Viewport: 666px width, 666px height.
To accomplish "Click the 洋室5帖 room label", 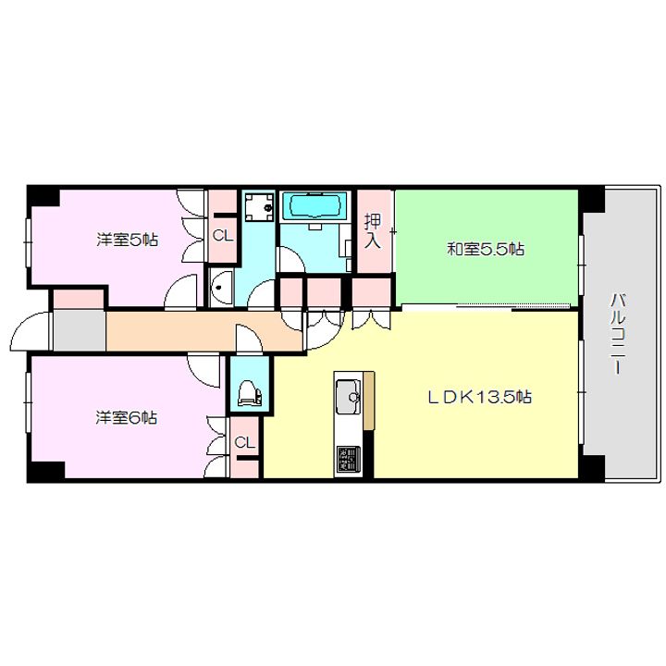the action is [127, 240].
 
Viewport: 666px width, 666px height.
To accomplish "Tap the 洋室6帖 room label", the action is [127, 418].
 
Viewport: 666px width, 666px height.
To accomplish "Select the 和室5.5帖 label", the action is [485, 249].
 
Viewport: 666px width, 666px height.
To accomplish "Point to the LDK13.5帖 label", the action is [479, 397].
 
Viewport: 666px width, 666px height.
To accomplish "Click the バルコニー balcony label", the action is [618, 334].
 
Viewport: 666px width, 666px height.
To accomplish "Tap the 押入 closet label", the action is [373, 230].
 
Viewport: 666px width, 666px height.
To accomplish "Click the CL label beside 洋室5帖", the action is [223, 236].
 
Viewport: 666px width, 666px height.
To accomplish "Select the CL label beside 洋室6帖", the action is [244, 442].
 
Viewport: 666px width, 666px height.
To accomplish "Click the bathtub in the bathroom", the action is [314, 206].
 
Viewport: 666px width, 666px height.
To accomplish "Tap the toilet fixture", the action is [250, 393].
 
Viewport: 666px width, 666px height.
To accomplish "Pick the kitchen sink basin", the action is [348, 397].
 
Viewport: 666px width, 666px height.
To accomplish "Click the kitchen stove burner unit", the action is [349, 458].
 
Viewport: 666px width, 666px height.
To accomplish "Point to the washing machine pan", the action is [259, 207].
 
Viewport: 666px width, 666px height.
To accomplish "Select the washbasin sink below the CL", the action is [221, 287].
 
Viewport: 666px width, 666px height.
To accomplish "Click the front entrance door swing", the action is [29, 331].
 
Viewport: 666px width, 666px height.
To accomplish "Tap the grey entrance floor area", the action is [80, 330].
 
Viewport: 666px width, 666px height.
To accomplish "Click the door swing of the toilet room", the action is [249, 339].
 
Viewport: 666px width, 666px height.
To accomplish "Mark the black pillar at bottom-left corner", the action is [46, 471].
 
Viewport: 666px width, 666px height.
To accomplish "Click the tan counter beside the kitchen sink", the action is [369, 401].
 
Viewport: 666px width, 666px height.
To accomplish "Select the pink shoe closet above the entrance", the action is [79, 299].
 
